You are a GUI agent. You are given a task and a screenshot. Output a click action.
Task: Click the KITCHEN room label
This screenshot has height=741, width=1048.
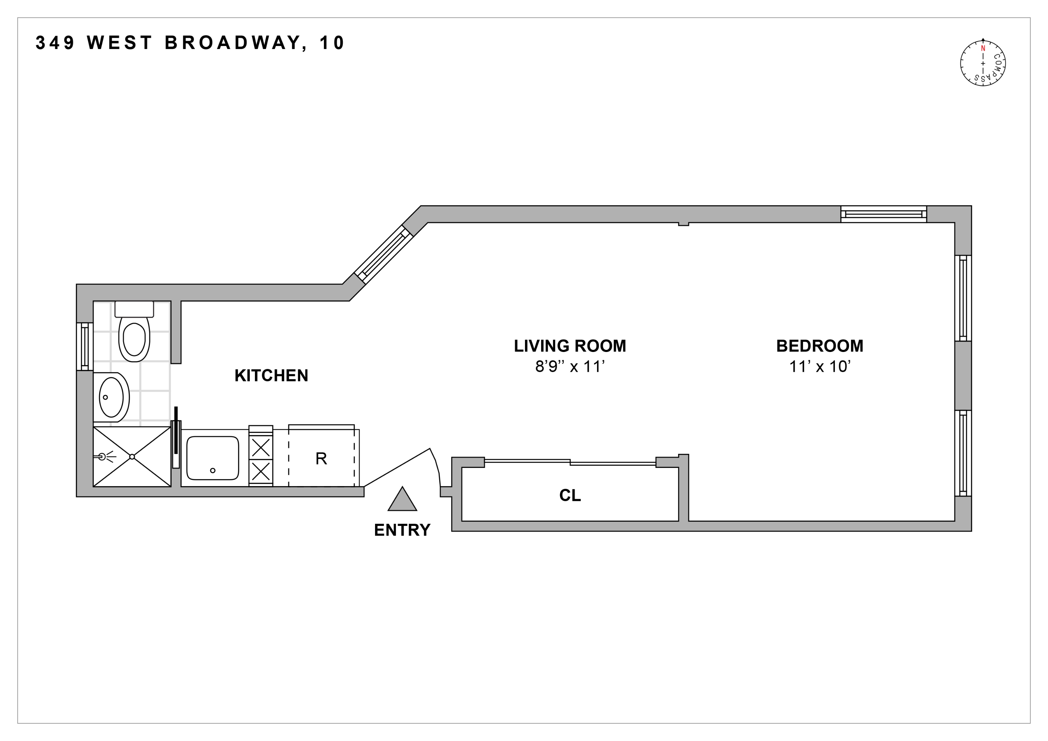[x=271, y=376]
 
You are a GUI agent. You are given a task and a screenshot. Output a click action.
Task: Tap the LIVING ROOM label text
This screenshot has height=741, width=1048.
[x=570, y=346]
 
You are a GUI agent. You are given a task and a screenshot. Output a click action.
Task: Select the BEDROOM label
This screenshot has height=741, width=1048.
[x=819, y=346]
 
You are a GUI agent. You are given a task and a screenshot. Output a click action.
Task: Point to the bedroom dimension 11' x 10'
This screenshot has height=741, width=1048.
[x=819, y=366]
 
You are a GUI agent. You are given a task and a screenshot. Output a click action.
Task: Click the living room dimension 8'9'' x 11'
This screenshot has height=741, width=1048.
[x=570, y=366]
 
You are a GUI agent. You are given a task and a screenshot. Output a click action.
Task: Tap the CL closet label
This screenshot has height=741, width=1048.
[x=570, y=495]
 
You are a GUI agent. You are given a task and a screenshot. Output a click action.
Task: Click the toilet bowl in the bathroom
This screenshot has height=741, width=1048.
[x=134, y=339]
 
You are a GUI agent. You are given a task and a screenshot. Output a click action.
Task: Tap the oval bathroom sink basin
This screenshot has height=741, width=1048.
[x=111, y=397]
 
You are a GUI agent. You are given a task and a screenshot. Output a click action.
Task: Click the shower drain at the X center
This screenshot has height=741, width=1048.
[x=132, y=457]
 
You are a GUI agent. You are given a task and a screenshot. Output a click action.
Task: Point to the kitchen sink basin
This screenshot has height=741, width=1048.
[x=213, y=458]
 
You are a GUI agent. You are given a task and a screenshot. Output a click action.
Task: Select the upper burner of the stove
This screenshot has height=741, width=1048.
[x=261, y=447]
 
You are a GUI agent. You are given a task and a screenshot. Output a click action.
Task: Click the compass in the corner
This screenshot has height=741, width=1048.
[x=983, y=63]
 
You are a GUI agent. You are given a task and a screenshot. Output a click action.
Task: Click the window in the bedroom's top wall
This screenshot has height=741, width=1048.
[x=883, y=214]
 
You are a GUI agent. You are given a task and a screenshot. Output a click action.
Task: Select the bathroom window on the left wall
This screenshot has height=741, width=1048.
[x=84, y=346]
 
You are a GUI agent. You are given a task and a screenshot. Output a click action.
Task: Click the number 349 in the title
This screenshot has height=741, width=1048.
[x=55, y=43]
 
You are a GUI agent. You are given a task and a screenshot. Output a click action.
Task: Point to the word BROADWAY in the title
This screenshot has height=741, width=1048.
[x=233, y=43]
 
